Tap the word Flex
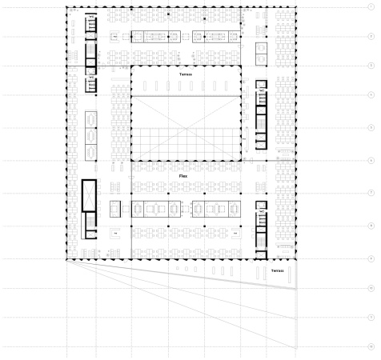[184, 174]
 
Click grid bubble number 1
[370, 6]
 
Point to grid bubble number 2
[370, 36]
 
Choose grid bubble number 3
[370, 66]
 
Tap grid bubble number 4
[370, 96]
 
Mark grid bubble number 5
[370, 128]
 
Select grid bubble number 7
[370, 193]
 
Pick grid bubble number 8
[370, 226]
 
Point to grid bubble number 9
[370, 258]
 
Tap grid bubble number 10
[370, 288]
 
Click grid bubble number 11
[370, 318]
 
